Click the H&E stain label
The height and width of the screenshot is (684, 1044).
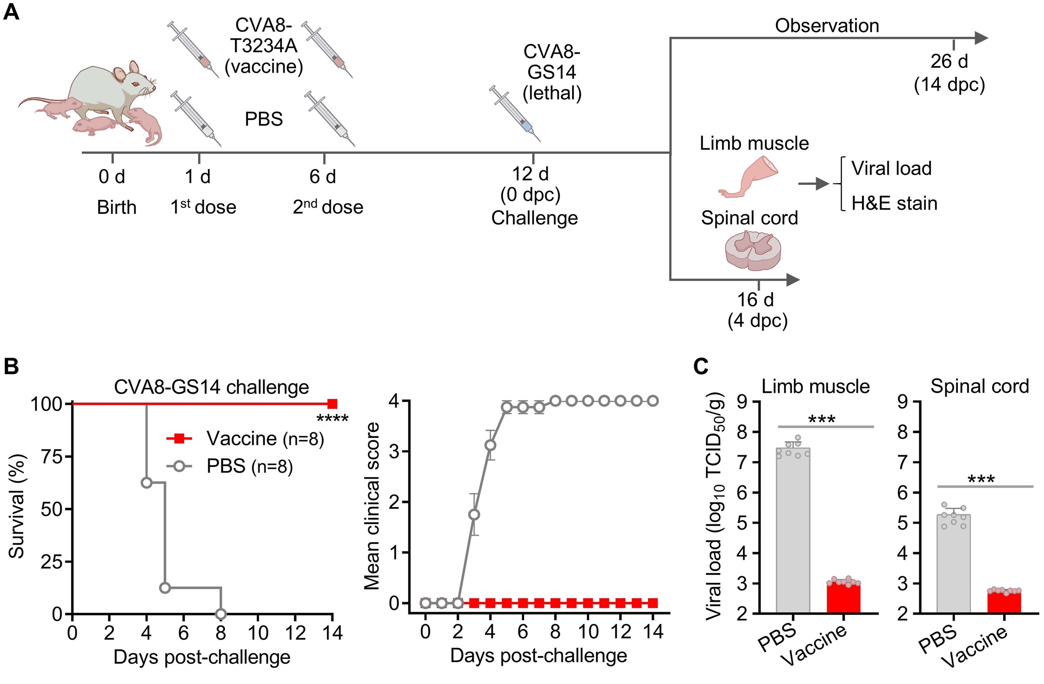pos(894,203)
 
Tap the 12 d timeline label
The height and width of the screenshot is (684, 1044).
pos(530,174)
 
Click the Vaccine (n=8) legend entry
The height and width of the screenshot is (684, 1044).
pos(245,439)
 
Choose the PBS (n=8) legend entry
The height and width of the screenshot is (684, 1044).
pos(230,466)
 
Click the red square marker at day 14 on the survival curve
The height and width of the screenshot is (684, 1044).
pos(332,404)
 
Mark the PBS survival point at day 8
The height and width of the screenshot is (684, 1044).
pos(221,613)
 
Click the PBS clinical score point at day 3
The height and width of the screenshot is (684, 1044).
pos(474,514)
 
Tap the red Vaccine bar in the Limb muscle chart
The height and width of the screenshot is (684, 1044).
pos(844,598)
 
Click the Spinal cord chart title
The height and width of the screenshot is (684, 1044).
pos(980,386)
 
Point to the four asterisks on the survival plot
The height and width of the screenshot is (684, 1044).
pos(332,419)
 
